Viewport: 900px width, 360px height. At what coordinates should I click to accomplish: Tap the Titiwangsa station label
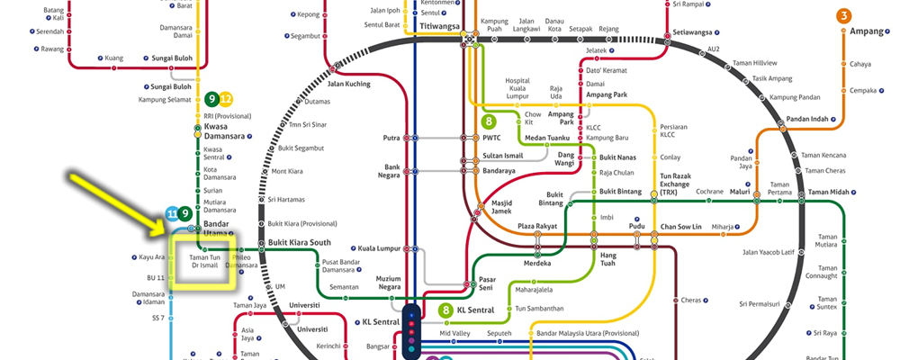click(x=437, y=26)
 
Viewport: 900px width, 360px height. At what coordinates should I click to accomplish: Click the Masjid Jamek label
click(x=501, y=207)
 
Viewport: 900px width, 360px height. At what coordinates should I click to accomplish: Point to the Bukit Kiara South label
click(x=301, y=243)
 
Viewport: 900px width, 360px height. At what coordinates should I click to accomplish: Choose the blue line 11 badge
click(x=172, y=213)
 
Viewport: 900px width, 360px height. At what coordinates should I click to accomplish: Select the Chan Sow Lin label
click(x=681, y=226)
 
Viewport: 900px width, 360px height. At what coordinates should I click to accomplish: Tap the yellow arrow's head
click(x=167, y=236)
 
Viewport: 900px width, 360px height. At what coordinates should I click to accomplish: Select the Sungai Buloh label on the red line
click(x=171, y=58)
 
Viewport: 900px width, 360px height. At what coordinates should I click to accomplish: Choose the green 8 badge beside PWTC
click(x=490, y=120)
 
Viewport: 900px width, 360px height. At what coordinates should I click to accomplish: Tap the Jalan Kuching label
click(x=348, y=84)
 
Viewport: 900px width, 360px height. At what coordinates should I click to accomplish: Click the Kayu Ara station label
click(x=151, y=257)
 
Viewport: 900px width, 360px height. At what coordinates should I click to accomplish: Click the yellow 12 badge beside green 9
click(x=227, y=99)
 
